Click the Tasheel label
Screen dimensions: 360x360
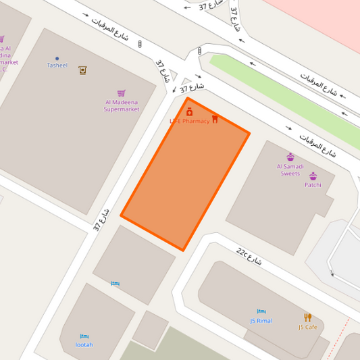[x=57, y=66]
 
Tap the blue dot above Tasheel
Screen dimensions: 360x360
[x=57, y=58]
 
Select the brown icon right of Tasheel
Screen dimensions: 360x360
[x=82, y=70]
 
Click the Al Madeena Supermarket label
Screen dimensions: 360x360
[x=122, y=105]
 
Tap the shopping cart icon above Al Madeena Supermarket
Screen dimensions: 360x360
[x=122, y=93]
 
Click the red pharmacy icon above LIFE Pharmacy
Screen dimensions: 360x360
[x=189, y=111]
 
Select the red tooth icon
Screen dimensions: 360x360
[x=215, y=119]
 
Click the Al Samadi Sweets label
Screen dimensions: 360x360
[x=290, y=170]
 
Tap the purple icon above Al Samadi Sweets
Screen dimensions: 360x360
[x=290, y=157]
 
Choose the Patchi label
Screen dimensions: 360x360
[x=313, y=184]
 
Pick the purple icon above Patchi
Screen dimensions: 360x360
[x=313, y=176]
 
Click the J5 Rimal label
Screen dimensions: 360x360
[x=261, y=321]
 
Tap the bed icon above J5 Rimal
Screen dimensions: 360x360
[x=261, y=312]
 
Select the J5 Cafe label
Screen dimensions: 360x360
[x=307, y=328]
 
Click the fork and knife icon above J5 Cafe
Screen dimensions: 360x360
[x=307, y=317]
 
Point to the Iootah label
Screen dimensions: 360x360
[x=84, y=344]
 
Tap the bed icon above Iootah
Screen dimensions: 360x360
[x=84, y=336]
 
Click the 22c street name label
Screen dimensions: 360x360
[x=249, y=255]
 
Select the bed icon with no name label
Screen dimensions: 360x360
[x=115, y=284]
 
